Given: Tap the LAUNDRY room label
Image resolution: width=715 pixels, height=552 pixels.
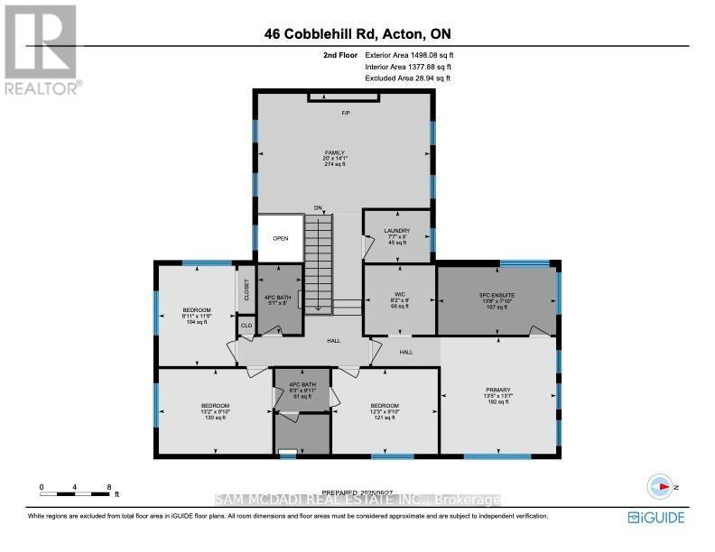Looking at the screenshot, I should (397, 231).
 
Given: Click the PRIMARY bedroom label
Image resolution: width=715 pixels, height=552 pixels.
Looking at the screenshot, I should (497, 391).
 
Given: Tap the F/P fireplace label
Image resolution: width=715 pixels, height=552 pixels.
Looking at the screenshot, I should (345, 113).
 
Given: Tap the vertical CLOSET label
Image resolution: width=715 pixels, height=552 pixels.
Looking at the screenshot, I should (246, 290).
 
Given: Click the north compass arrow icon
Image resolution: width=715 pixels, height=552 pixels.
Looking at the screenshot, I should (666, 485).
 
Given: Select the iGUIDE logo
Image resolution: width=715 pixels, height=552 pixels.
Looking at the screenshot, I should (656, 517).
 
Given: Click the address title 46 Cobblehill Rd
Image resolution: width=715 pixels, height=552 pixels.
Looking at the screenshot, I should (357, 34).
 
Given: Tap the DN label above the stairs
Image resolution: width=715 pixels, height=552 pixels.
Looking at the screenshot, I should (318, 207).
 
